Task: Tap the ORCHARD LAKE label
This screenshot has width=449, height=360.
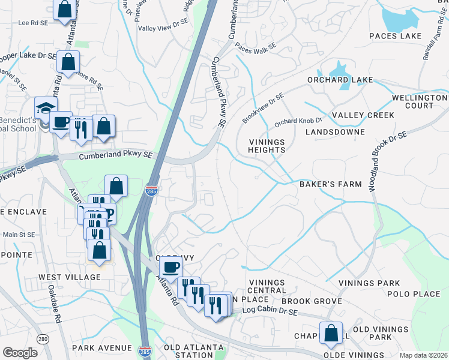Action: [340, 80]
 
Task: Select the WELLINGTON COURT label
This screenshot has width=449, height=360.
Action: [420, 101]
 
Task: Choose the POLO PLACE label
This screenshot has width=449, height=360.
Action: [414, 294]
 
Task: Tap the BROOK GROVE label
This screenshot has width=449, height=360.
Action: [312, 301]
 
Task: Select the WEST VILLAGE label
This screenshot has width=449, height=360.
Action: [70, 277]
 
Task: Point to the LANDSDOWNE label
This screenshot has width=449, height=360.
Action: [335, 131]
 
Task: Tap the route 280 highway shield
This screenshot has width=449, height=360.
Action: [42, 338]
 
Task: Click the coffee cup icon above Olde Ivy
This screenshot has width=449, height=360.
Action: [171, 267]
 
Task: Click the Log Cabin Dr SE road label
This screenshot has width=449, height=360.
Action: [270, 312]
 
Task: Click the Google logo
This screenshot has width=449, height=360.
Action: [20, 353]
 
